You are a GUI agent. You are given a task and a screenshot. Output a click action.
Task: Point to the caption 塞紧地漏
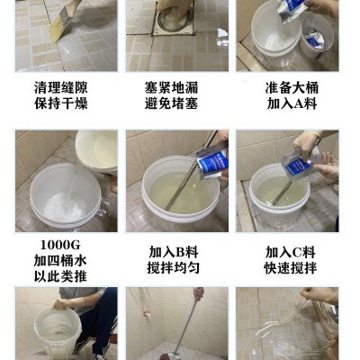click(x=178, y=87)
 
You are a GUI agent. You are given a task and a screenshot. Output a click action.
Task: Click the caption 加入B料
click(x=178, y=251)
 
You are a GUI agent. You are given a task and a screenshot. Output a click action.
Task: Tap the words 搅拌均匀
click(x=178, y=267)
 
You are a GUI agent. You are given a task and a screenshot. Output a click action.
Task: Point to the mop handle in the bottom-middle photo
click(x=184, y=324)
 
